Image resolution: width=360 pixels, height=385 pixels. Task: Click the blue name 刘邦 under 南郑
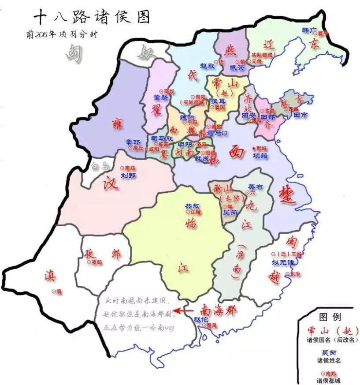point(128,176)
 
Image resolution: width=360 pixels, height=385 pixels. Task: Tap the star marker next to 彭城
point(253,148)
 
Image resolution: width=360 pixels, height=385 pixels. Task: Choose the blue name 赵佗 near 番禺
point(201,319)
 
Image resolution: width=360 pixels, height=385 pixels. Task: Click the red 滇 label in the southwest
point(50,277)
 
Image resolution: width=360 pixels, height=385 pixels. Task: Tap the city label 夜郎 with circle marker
point(95,262)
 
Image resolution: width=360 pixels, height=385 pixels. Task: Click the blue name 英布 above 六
point(255,187)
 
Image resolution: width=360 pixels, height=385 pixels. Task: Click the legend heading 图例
point(330,318)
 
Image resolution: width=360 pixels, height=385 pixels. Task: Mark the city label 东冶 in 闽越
point(294,273)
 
